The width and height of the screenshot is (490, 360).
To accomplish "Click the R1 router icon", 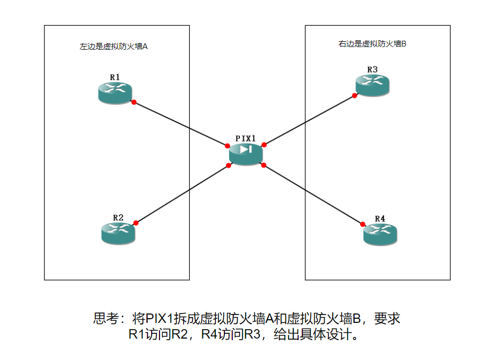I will point(115,92).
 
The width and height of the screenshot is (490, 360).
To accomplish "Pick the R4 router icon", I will point(380,234).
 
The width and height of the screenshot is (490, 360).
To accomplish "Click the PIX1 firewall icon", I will point(246,153).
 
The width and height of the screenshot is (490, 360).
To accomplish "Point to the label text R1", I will point(115,77).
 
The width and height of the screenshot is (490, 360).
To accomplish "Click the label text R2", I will point(118,217).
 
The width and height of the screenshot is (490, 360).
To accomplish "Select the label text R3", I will point(372,69).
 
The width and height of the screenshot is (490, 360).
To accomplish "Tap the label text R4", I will point(380,218).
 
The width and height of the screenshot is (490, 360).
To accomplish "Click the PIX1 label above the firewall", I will point(246,138).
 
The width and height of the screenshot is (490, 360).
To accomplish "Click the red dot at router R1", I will point(134,102).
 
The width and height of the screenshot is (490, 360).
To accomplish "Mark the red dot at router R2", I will point(136,223).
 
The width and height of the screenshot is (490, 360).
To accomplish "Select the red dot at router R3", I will point(355,96).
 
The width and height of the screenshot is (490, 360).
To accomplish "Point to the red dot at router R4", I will point(363,224).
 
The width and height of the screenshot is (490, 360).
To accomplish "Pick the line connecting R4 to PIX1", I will point(314,194).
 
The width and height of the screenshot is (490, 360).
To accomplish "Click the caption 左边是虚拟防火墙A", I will point(113,47).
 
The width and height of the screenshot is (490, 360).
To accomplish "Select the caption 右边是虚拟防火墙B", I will point(372,44).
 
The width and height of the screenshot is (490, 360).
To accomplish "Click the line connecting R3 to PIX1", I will point(309,120).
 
